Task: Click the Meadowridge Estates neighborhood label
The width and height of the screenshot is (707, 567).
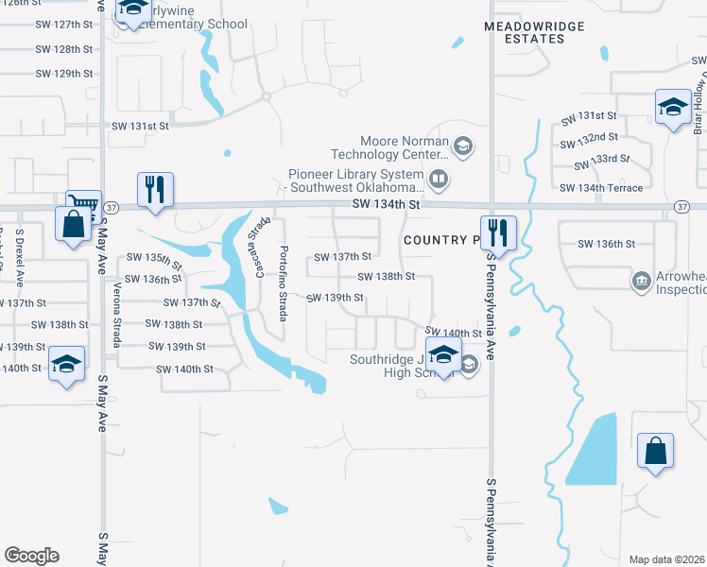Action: [534, 32]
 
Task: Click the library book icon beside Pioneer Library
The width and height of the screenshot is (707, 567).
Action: [439, 178]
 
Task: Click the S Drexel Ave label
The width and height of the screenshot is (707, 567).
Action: [20, 251]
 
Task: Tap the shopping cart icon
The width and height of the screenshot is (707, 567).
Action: [83, 202]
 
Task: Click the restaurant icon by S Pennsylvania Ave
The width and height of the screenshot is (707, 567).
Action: [496, 232]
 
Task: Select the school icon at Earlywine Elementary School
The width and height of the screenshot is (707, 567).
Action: [133, 10]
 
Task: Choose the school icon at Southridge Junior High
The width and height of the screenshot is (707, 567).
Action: [441, 355]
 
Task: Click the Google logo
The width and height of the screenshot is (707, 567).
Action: [31, 556]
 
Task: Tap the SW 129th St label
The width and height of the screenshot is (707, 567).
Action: [74, 74]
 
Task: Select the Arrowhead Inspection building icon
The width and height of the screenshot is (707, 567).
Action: [642, 280]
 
